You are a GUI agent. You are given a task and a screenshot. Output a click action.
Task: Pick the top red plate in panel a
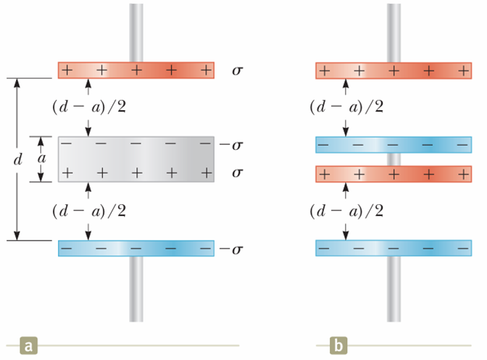click(x=136, y=70)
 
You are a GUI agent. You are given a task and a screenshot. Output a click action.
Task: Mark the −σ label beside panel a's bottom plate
click(x=233, y=249)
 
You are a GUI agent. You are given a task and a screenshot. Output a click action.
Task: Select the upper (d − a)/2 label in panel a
click(x=88, y=107)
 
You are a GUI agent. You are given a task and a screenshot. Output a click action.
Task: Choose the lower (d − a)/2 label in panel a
click(x=88, y=211)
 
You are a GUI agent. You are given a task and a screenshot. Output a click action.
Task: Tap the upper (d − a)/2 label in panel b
click(x=346, y=107)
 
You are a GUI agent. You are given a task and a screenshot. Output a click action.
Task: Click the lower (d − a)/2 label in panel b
click(x=346, y=211)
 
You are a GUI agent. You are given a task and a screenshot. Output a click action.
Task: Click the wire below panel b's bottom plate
click(x=394, y=290)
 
